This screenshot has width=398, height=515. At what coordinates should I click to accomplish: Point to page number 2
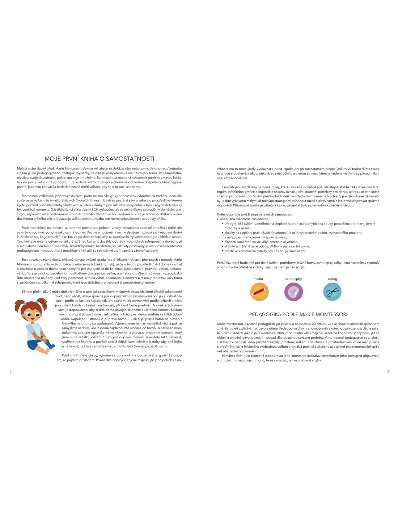pos(10,372)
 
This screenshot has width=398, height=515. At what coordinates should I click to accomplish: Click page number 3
pos(388,372)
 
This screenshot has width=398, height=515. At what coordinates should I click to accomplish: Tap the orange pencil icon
pos(259,292)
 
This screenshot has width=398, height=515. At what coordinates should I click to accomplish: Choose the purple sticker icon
pos(293,292)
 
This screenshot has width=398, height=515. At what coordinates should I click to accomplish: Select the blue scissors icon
pos(332,292)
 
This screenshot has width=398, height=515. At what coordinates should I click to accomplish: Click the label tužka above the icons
pos(259,279)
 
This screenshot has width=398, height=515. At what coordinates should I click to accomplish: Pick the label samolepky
pos(293,279)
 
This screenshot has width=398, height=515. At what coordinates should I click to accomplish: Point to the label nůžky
pos(332,279)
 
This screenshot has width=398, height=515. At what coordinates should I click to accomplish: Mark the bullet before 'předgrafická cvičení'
pos(223,224)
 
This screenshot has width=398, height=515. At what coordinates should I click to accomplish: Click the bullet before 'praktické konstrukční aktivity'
pos(223,251)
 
